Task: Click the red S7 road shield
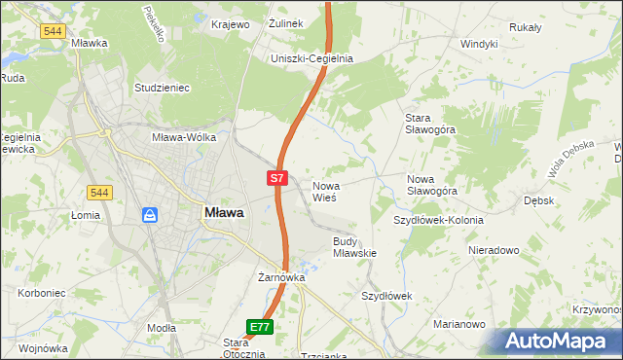click(277, 178)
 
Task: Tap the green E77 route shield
click(259, 328)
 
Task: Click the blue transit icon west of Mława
click(150, 214)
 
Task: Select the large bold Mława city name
click(224, 212)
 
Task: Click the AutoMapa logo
click(563, 342)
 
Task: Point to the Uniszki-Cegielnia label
click(311, 58)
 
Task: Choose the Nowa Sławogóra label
click(432, 185)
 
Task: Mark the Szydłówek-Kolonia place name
click(438, 220)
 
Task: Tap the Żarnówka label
click(282, 277)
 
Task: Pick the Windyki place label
click(479, 44)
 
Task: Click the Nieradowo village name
click(493, 250)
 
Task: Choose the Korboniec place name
click(42, 292)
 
